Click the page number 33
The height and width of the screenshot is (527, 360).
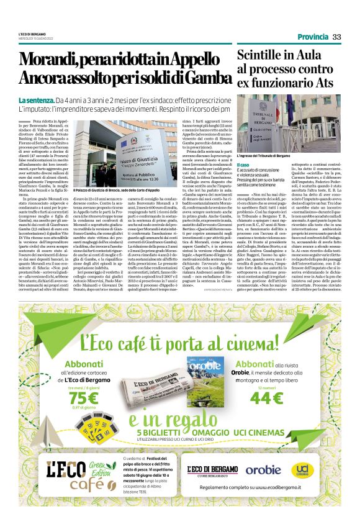336,37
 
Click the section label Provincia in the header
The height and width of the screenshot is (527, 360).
312,37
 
